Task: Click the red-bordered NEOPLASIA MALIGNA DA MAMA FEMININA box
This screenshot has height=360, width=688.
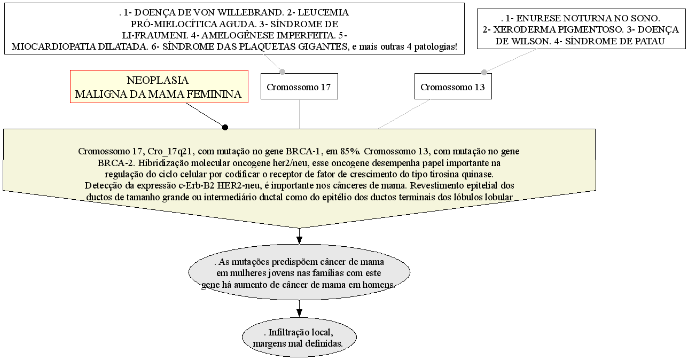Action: tap(159, 87)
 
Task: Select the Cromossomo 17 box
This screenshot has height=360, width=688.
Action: tap(299, 87)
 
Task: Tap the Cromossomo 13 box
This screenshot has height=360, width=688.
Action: tap(453, 87)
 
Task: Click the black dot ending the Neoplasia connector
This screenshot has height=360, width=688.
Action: tap(225, 127)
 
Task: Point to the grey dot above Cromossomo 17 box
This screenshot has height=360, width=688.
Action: tap(282, 72)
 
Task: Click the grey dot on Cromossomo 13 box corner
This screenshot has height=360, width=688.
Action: tap(484, 73)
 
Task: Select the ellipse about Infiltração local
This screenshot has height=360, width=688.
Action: tap(299, 337)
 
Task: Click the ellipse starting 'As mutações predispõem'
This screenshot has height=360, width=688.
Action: tap(299, 272)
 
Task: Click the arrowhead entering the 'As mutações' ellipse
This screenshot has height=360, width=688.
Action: tap(299, 240)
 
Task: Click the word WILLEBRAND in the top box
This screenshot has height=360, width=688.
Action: tap(249, 13)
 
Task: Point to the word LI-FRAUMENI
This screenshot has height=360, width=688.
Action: tap(155, 35)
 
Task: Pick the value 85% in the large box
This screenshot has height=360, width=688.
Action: tap(351, 151)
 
